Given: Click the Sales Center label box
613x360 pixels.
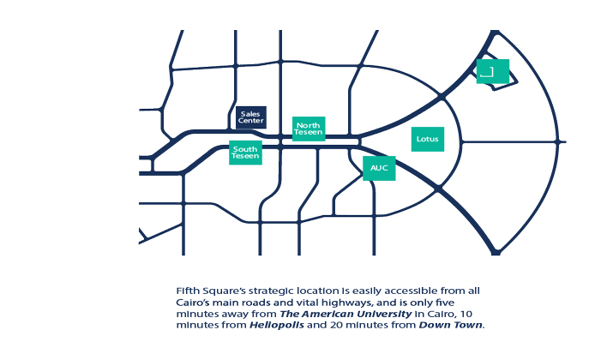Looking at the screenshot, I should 250,117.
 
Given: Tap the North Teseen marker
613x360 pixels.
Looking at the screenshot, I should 309,129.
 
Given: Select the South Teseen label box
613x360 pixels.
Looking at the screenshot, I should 245,153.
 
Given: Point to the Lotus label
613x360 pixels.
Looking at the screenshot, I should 427,138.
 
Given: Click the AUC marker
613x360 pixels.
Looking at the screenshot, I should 378,168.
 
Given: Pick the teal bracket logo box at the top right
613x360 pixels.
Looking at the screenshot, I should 492,71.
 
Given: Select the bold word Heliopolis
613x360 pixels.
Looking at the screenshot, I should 276,326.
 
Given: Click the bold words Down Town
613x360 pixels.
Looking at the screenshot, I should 451,326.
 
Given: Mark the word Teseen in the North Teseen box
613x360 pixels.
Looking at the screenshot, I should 309,133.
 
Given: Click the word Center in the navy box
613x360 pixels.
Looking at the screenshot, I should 250,121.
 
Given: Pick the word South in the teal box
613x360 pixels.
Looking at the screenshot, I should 245,148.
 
